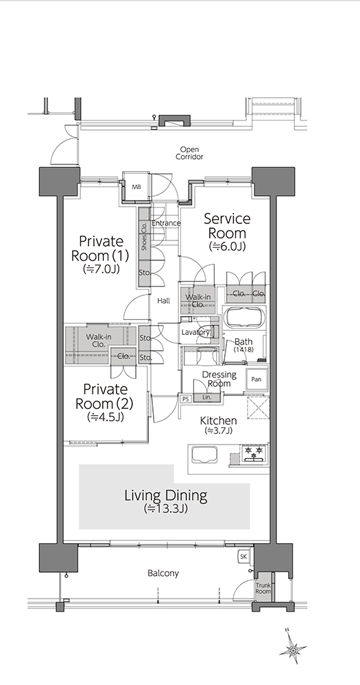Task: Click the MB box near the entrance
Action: [x=136, y=187]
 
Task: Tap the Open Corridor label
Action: [x=189, y=153]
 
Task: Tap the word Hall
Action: [x=164, y=301]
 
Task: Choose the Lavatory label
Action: [x=196, y=332]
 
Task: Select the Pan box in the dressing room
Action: [x=256, y=379]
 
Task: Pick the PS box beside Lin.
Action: [x=185, y=399]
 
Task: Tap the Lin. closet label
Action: [x=207, y=397]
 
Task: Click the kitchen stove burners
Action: [x=254, y=454]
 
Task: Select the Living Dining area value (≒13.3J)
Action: [x=166, y=508]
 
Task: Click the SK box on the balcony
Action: [x=244, y=556]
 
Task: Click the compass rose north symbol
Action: [x=293, y=648]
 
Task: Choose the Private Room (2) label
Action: [x=105, y=402]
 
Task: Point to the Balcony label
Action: [x=163, y=573]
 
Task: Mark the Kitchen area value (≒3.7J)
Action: [x=218, y=431]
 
